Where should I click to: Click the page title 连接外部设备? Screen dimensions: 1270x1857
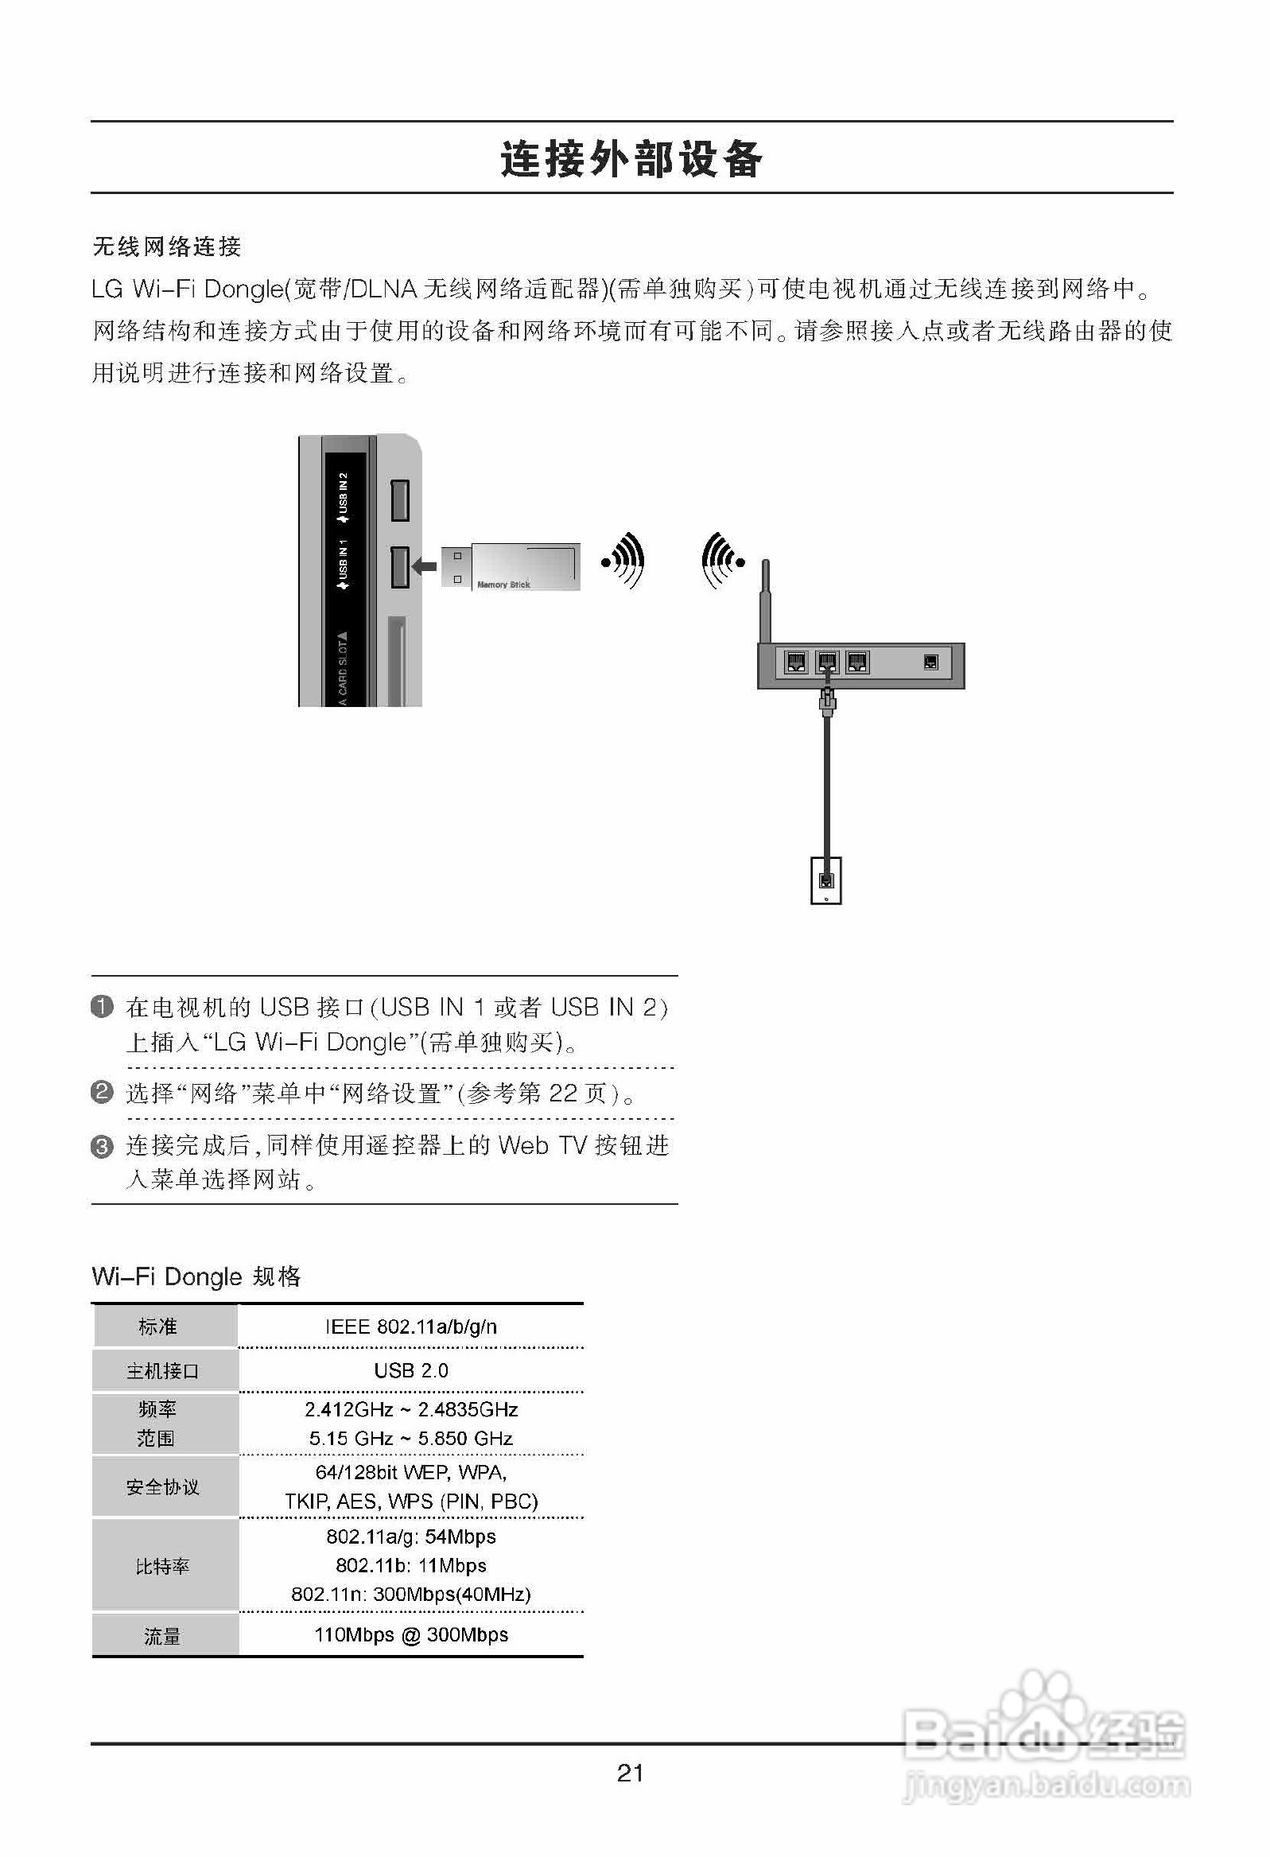coord(631,159)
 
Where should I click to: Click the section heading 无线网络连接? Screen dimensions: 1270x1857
coord(166,246)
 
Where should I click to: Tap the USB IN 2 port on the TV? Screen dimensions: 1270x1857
coord(400,500)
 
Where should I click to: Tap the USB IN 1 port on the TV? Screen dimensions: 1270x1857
coord(400,566)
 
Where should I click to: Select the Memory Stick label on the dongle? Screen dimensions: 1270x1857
coord(503,585)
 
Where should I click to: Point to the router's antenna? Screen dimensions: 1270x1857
coord(765,600)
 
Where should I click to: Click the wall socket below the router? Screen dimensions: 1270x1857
coord(826,880)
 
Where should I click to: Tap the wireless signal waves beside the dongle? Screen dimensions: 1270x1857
coord(624,561)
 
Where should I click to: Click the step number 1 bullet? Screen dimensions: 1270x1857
coord(103,1006)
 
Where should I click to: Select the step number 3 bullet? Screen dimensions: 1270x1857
coord(103,1147)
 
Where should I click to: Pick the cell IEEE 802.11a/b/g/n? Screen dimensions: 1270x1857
coord(411,1327)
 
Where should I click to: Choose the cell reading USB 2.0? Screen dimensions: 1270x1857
coord(411,1371)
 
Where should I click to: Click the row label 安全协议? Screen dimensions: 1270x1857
coord(163,1487)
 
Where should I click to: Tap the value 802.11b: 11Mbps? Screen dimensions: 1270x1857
coord(411,1565)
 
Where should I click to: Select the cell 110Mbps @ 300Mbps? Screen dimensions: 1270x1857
coord(411,1635)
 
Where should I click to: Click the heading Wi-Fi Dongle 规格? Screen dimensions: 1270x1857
coord(196,1276)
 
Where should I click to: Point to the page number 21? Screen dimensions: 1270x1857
coord(631,1773)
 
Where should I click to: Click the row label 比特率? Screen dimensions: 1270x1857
coord(163,1566)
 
